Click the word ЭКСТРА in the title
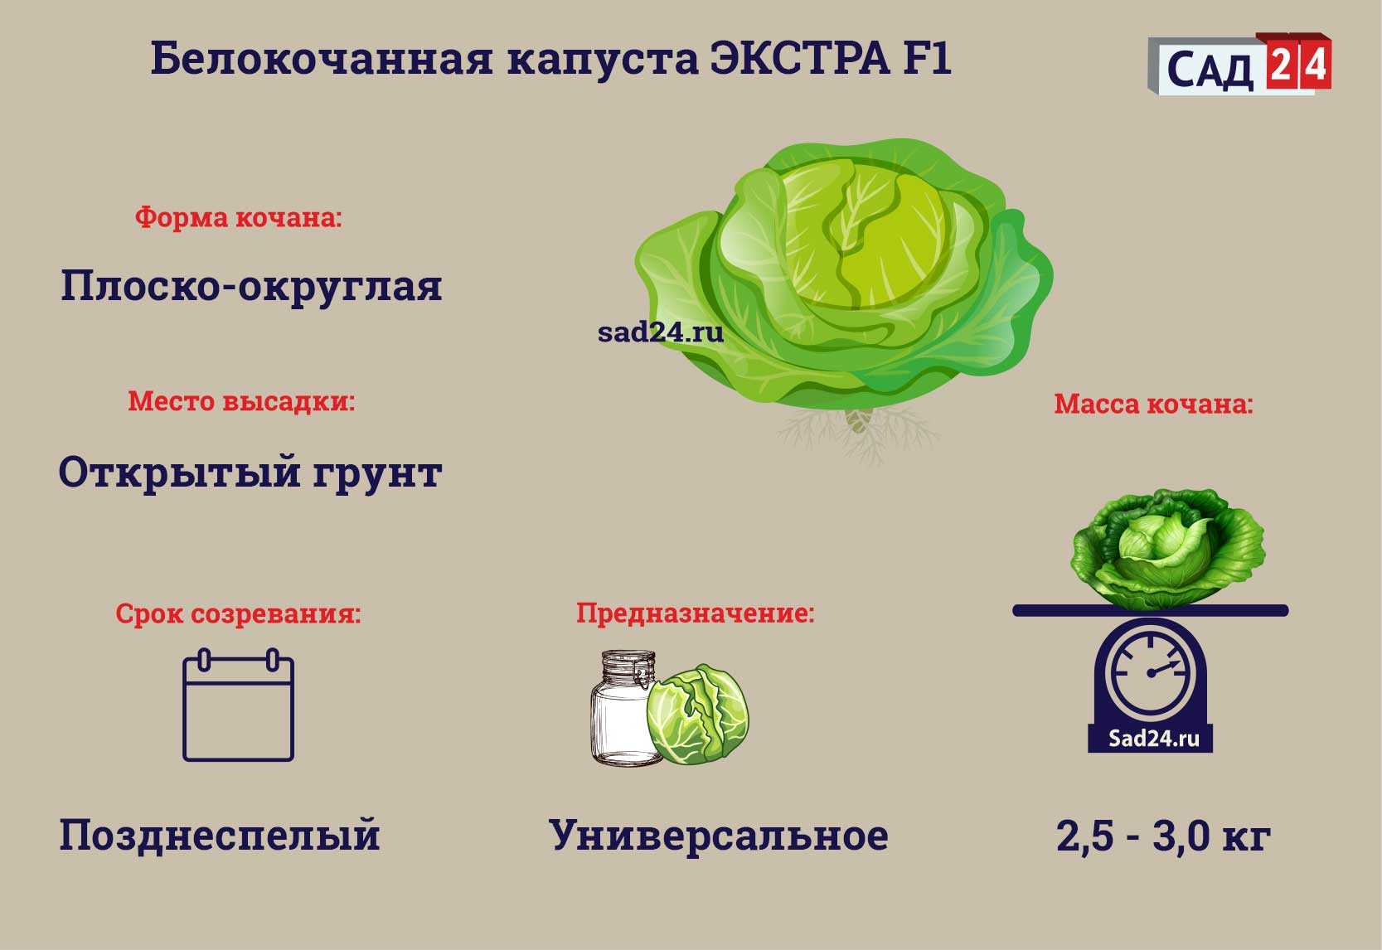[800, 59]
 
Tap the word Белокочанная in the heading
[322, 59]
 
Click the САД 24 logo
[1239, 64]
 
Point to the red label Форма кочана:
[238, 217]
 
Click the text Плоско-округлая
[251, 287]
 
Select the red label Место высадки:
[241, 401]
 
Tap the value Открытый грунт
[250, 473]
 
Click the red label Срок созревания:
[238, 613]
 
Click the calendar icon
[238, 705]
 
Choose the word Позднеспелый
[219, 836]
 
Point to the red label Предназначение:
[696, 613]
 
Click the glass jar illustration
[623, 708]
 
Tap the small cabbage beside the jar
[698, 715]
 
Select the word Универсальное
[719, 836]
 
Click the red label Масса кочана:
[1153, 404]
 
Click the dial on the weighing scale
[1151, 672]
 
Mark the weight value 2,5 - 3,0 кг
[1164, 837]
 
